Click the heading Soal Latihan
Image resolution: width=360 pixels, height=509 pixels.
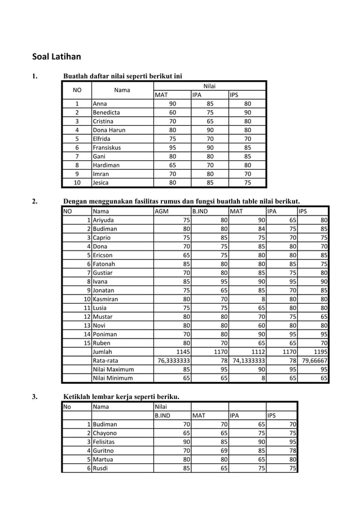point(56,56)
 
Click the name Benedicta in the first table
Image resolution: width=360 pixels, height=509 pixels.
point(106,112)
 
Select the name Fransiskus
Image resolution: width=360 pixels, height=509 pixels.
point(107,147)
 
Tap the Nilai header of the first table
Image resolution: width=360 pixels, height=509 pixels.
point(209,86)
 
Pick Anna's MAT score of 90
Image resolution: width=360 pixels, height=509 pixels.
point(173,104)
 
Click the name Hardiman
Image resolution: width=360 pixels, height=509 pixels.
point(106,165)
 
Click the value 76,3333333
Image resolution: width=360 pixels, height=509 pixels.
point(173,361)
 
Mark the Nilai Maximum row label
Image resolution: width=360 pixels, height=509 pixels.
point(113,370)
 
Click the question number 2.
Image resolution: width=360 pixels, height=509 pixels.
point(35,201)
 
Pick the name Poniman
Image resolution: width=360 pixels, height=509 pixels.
point(104,335)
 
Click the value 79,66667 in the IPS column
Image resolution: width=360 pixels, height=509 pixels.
point(315,361)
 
